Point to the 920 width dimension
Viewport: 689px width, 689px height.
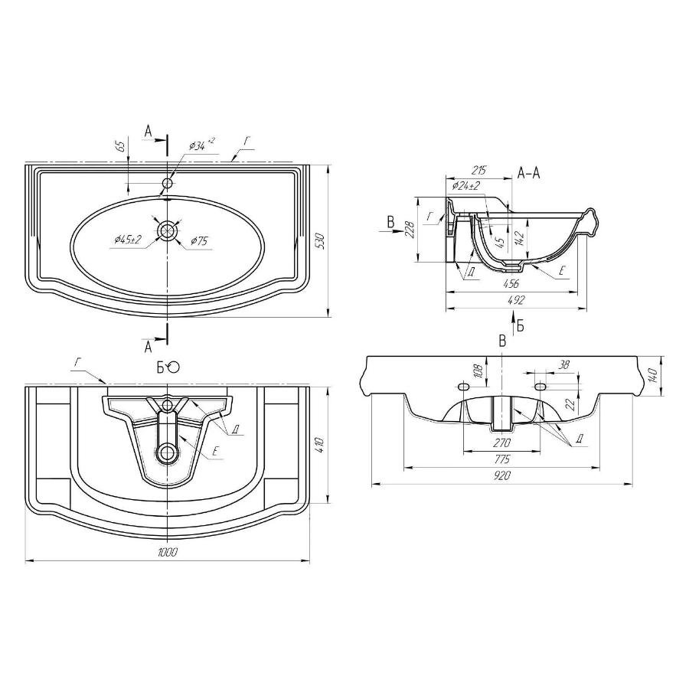(x=502, y=475)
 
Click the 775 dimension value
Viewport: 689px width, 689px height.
(x=501, y=459)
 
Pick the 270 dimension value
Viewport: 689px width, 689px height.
(x=501, y=442)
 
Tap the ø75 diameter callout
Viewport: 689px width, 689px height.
(x=198, y=241)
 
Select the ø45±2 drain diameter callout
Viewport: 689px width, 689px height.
(x=128, y=240)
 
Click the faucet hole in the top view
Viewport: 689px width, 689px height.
(x=168, y=184)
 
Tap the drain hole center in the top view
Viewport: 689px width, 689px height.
(x=167, y=230)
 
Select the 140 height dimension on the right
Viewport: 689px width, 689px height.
(x=654, y=375)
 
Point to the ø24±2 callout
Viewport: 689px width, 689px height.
(x=465, y=185)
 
